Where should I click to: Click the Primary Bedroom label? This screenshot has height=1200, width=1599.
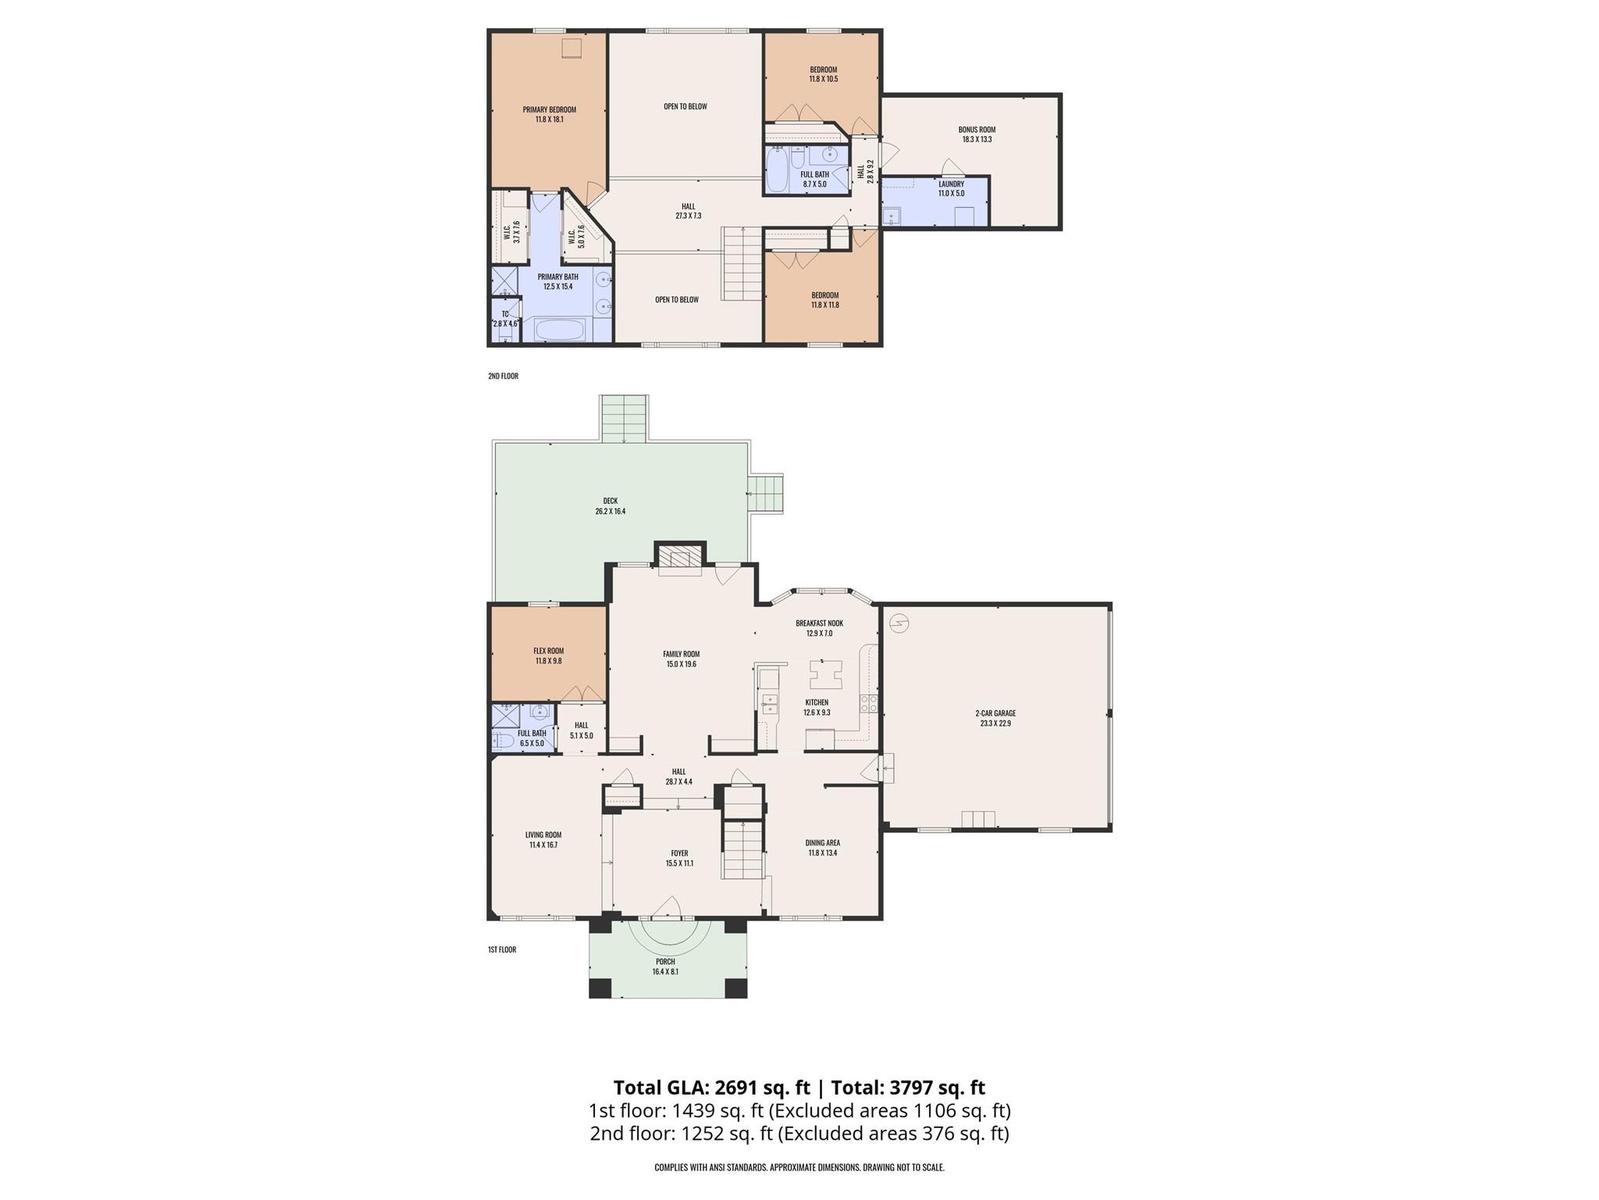[549, 110]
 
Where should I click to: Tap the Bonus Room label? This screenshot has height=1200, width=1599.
[977, 130]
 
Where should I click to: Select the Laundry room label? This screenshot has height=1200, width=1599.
[951, 184]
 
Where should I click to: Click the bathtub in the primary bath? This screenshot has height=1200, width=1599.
[559, 330]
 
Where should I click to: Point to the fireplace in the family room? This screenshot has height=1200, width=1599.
[680, 558]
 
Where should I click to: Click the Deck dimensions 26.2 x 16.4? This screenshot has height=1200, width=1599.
[610, 512]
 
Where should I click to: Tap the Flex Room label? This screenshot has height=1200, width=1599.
[548, 651]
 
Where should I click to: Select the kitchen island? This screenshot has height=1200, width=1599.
[825, 673]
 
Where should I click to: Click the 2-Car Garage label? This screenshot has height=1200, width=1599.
[995, 713]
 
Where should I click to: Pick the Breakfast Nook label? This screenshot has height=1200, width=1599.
[819, 623]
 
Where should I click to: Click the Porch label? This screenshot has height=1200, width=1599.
[665, 962]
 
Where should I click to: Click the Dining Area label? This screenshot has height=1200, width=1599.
[822, 843]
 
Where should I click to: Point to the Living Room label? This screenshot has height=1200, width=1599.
[543, 835]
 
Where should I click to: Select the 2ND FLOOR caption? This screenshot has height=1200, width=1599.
[503, 377]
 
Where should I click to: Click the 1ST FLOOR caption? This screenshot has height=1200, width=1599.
[502, 950]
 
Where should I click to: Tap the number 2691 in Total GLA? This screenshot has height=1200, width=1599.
[738, 1087]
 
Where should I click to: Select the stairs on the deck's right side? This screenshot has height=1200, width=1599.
[765, 493]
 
